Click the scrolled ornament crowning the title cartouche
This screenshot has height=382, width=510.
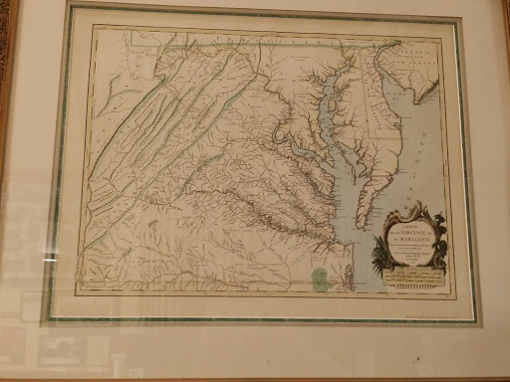pyautogui.click(x=408, y=208)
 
